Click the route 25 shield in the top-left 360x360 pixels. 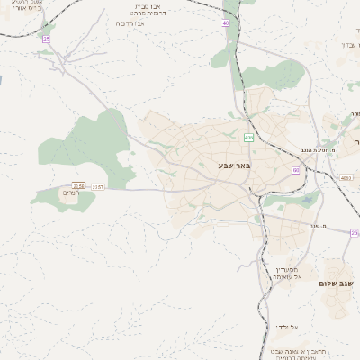(x=46, y=39)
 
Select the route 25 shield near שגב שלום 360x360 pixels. (x=355, y=233)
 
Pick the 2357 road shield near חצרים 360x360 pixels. (x=98, y=186)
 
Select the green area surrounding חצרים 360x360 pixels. (x=63, y=200)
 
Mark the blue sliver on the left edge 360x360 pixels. (x=2, y=81)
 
